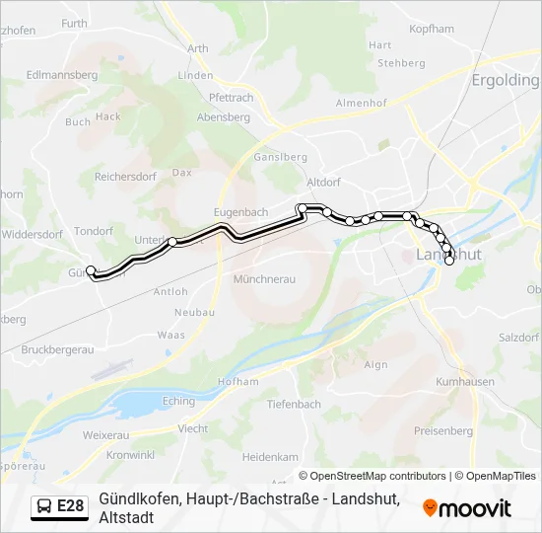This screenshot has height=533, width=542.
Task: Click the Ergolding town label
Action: coord(506,80)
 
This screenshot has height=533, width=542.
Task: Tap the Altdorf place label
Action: coord(323,183)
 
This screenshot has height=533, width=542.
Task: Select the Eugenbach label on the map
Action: coord(239,212)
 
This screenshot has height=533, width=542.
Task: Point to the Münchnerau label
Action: coord(264,279)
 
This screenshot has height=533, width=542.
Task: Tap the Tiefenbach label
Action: coord(294,405)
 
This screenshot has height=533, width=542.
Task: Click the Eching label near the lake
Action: coord(178,401)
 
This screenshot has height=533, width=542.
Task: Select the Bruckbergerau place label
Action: coord(55,349)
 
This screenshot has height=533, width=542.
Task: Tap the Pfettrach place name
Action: coord(232,98)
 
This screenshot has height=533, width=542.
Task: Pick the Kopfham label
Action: coord(432,30)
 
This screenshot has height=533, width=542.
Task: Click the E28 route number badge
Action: coord(70,506)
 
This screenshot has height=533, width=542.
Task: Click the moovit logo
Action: coord(467,508)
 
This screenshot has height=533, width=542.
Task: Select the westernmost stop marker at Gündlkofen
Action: coord(91,270)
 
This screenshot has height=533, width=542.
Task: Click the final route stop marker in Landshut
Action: coord(449,261)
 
